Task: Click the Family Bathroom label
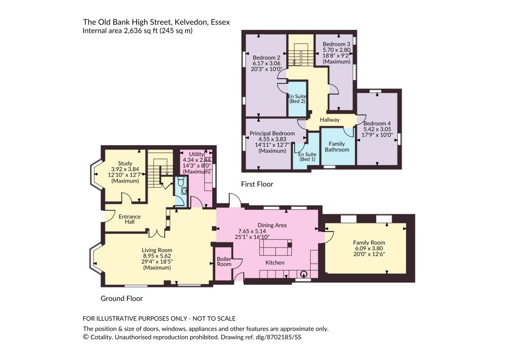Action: click(337, 147)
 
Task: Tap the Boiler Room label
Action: click(224, 262)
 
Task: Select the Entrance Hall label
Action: click(130, 219)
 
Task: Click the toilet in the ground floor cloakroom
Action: click(181, 182)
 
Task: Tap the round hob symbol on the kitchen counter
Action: click(304, 274)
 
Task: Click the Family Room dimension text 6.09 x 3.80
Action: click(369, 248)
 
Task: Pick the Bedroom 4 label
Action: click(377, 123)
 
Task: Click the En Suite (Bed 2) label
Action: click(297, 98)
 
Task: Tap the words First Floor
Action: click(257, 184)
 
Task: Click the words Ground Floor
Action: click(122, 298)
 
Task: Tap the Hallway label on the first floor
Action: click(330, 120)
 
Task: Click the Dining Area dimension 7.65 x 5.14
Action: click(252, 231)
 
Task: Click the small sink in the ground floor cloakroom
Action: click(184, 191)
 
